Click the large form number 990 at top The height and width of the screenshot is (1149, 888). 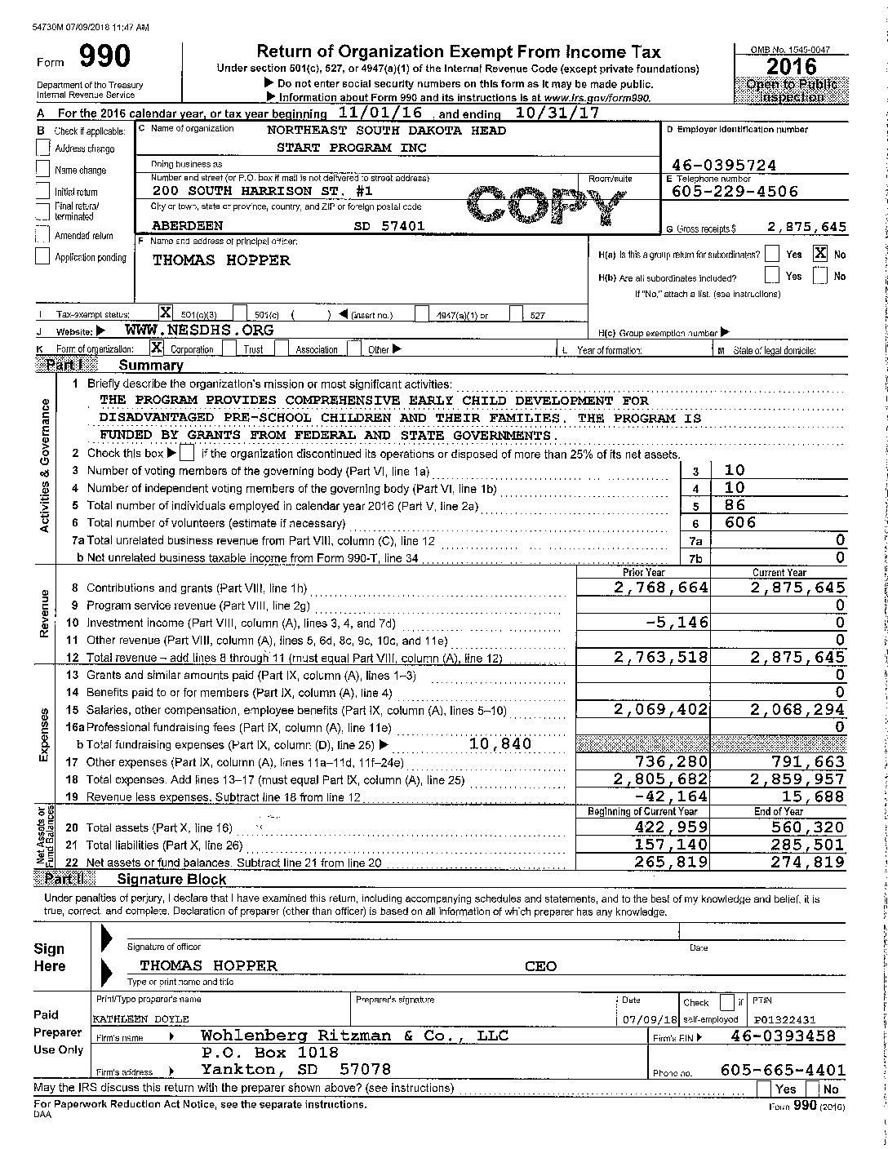104,57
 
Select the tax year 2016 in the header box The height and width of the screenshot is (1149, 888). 791,66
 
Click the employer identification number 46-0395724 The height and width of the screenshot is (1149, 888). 724,166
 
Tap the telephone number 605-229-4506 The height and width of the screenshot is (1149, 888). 735,192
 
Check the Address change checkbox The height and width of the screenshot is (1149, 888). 43,148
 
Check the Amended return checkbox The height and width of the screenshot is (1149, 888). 43,235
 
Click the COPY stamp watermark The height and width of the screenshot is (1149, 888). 541,206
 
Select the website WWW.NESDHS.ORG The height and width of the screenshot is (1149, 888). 199,331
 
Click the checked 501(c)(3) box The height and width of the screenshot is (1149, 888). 165,313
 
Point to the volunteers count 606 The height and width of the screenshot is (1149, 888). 740,522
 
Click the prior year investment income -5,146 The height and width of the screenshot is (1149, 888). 677,622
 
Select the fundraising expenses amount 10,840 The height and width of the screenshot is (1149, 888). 500,743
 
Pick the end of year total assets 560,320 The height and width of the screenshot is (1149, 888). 808,827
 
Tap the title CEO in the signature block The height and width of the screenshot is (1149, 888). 540,966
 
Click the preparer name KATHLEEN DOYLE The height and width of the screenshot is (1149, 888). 140,1019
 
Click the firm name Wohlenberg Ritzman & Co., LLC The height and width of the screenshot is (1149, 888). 354,1036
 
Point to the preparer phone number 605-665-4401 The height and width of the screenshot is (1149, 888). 783,1070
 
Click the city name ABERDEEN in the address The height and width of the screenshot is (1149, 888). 187,225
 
